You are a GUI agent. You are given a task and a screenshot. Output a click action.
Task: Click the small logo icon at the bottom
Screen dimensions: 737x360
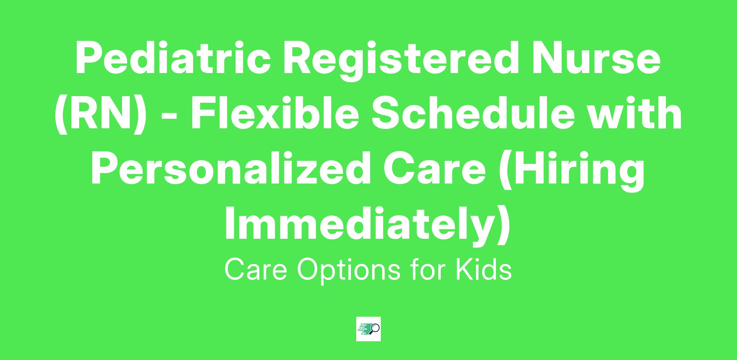[368, 329]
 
